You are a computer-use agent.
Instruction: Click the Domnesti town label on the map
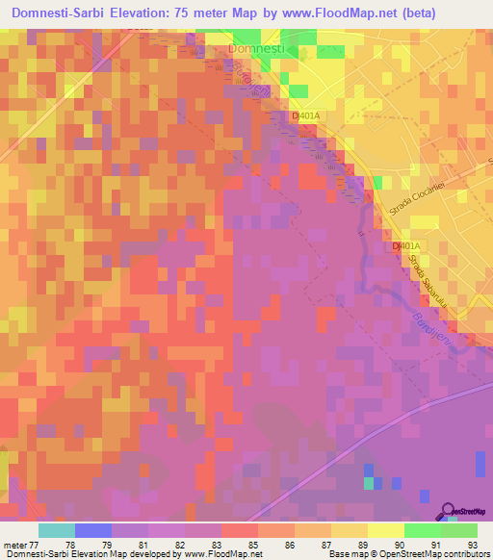click(x=257, y=47)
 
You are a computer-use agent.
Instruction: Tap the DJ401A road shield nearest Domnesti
click(x=305, y=115)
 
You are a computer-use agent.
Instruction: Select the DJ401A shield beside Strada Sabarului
click(x=405, y=247)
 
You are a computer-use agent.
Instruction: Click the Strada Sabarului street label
click(x=416, y=272)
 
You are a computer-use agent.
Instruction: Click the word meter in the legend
click(x=13, y=544)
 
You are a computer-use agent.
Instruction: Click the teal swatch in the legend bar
click(x=57, y=530)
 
